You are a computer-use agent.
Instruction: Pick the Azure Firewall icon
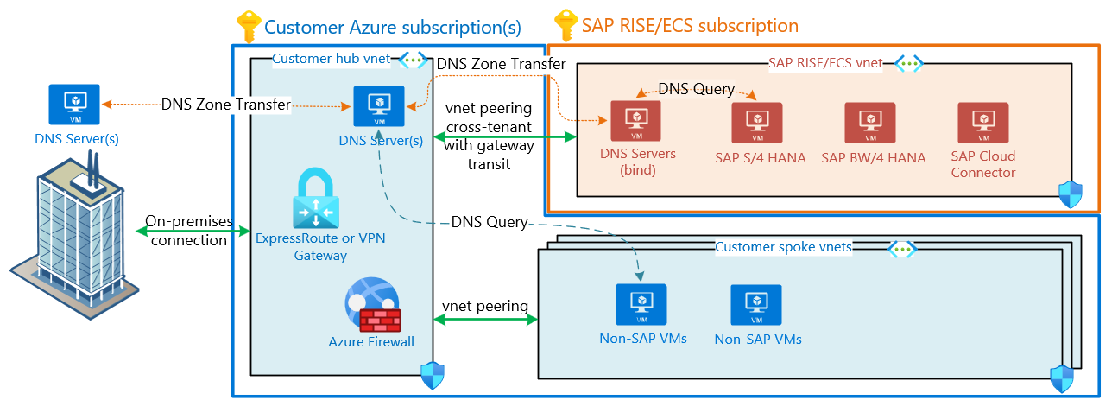(x=370, y=306)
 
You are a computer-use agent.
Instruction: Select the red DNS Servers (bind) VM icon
(x=635, y=122)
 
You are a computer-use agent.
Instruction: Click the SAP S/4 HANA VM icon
(x=756, y=123)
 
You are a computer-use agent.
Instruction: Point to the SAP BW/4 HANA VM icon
(x=870, y=123)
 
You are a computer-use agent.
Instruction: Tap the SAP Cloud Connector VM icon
(x=983, y=123)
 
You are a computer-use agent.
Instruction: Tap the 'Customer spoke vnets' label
(x=783, y=248)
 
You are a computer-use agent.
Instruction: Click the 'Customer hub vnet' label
(x=331, y=60)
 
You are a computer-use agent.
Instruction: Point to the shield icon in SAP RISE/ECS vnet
(x=1071, y=194)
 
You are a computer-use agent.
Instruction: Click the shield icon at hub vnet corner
(x=432, y=375)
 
